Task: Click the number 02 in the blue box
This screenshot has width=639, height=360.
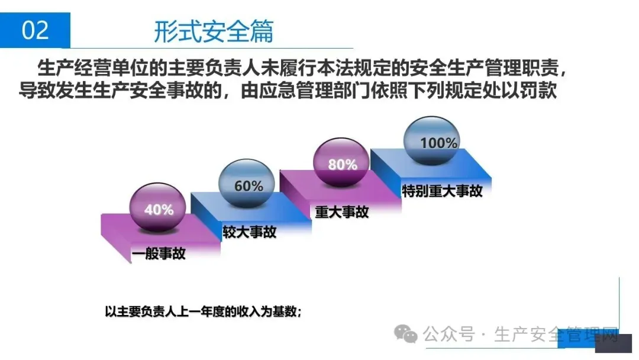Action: click(35, 30)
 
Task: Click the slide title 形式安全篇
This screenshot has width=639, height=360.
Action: click(214, 30)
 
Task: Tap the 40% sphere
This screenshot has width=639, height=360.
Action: click(159, 209)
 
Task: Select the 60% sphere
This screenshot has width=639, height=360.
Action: click(248, 185)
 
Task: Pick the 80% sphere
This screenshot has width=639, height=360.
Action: click(343, 164)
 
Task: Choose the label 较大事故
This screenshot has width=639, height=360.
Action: click(249, 232)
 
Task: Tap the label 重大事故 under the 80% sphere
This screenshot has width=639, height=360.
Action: click(342, 211)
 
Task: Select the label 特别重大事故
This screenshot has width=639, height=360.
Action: click(442, 191)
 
